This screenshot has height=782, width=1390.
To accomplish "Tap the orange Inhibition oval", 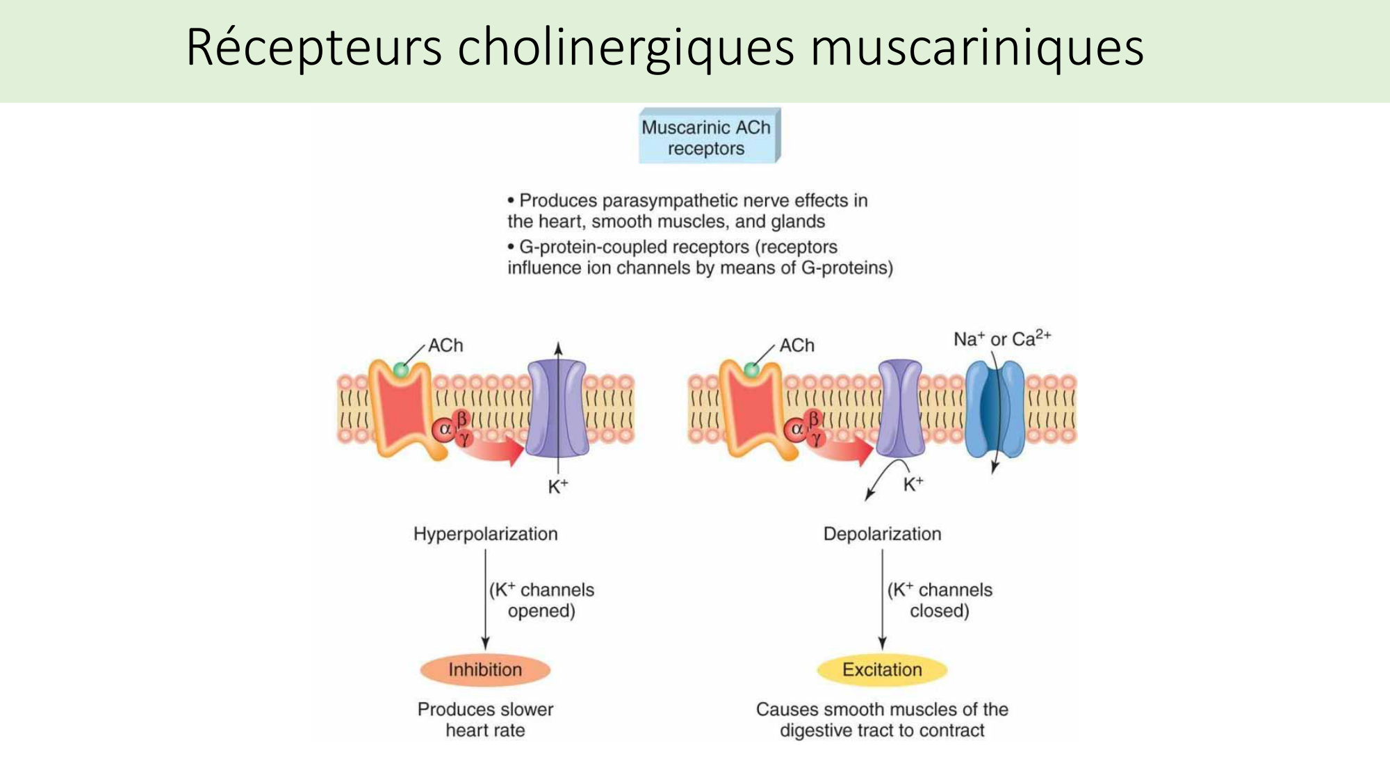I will coord(485,669).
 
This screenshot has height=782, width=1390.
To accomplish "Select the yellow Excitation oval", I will coord(882,669).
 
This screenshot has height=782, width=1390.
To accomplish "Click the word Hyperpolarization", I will coord(485,534).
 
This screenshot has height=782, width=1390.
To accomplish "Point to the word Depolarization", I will coord(882,534).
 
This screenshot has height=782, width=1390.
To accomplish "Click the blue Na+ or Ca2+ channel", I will coord(995,409).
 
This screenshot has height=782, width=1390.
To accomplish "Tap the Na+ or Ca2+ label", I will coord(1001,339).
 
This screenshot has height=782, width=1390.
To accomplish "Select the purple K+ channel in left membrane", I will coord(557,409).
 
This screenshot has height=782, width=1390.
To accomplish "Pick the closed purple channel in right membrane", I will coord(901,409).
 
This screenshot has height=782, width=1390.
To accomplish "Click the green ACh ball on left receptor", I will coord(401,370).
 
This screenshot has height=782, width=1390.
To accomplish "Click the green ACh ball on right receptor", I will coord(752,370).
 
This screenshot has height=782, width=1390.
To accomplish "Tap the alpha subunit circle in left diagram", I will coord(443,430).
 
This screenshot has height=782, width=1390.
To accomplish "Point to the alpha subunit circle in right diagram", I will coord(796,430).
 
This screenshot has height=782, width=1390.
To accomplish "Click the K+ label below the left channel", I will coord(557,487).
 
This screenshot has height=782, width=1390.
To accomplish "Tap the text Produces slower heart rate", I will coord(485,719).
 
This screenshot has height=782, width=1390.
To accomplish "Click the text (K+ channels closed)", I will coord(940,600).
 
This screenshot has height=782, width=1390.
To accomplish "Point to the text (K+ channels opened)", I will coord(542,600).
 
